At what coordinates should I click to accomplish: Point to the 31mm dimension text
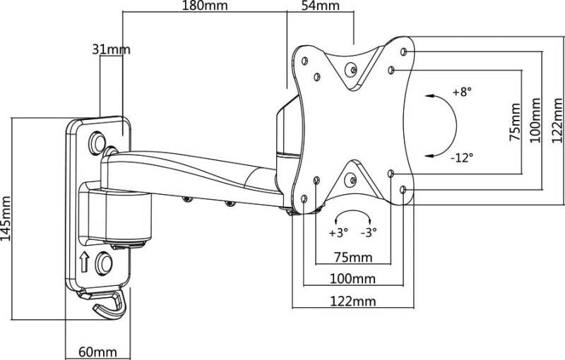tap(112, 49)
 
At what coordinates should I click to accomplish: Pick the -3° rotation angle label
tap(369, 232)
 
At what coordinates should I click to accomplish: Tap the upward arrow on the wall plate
tap(83, 263)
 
